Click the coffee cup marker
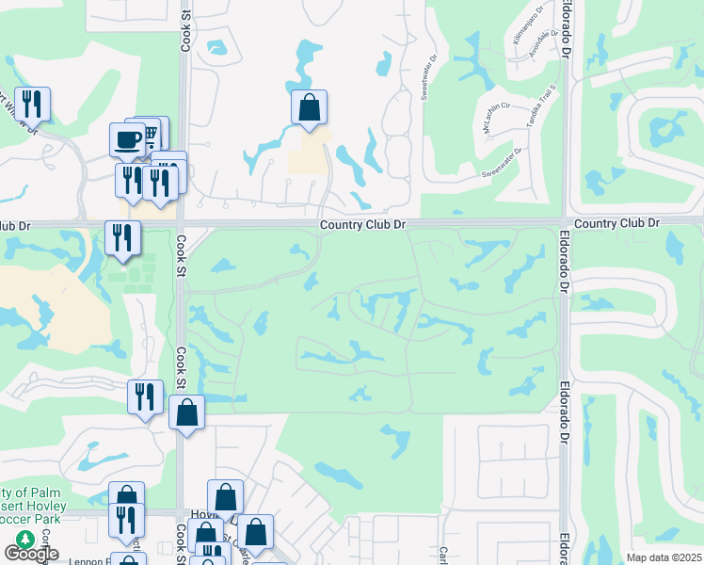point(128,140)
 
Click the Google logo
point(31,554)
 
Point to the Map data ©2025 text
point(664,557)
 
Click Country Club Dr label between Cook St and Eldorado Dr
point(361,224)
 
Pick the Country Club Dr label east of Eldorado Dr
point(616,222)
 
